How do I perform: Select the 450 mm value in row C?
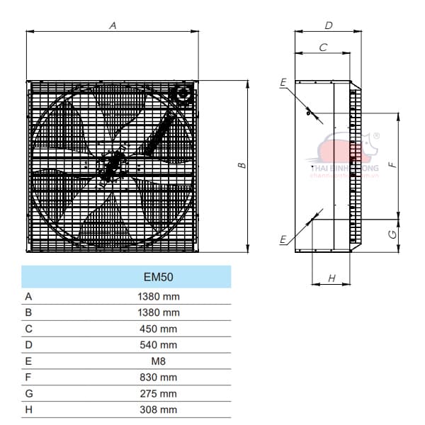click(159, 329)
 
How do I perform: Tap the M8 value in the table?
click(159, 361)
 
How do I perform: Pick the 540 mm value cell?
click(159, 345)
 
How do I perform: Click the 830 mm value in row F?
click(159, 377)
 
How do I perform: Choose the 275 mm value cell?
click(159, 393)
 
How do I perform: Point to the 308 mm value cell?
click(159, 409)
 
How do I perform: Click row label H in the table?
click(28, 409)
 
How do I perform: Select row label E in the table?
click(28, 361)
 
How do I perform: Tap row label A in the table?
click(28, 296)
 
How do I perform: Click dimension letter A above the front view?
click(112, 25)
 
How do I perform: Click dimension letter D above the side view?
click(328, 25)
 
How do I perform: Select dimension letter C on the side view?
click(323, 47)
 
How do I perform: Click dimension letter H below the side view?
click(331, 278)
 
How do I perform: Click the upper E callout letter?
click(283, 84)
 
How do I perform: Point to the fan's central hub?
click(110, 166)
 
